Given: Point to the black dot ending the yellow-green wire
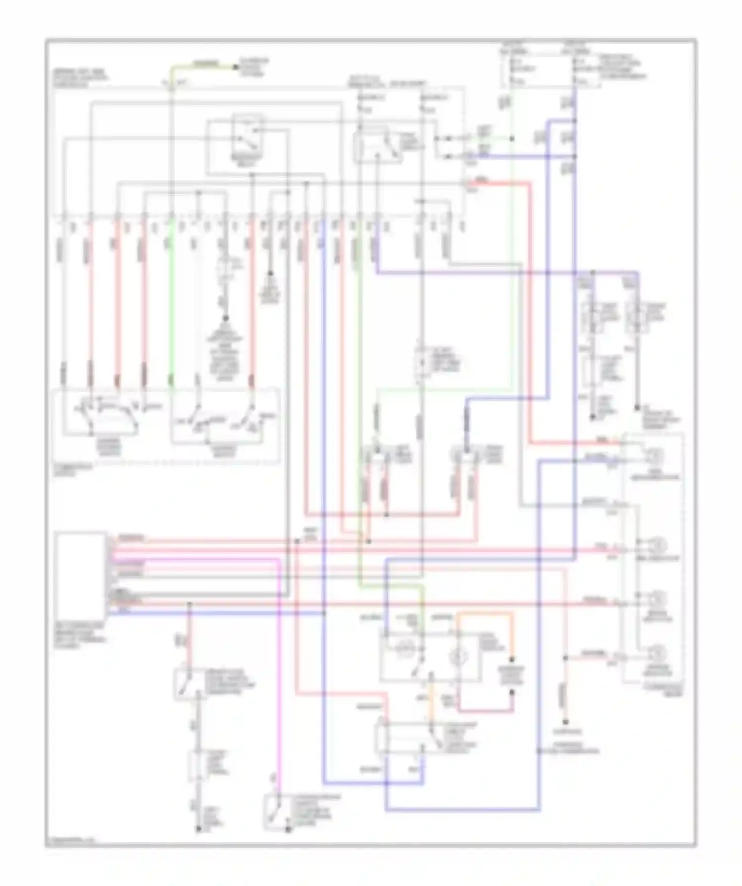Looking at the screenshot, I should pos(235,66).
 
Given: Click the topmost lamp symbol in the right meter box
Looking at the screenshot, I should pos(655,455).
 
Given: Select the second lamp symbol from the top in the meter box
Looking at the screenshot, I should pos(658,545).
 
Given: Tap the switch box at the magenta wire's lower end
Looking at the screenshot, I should pos(275,811).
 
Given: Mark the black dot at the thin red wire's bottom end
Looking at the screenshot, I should pos(566,722).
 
